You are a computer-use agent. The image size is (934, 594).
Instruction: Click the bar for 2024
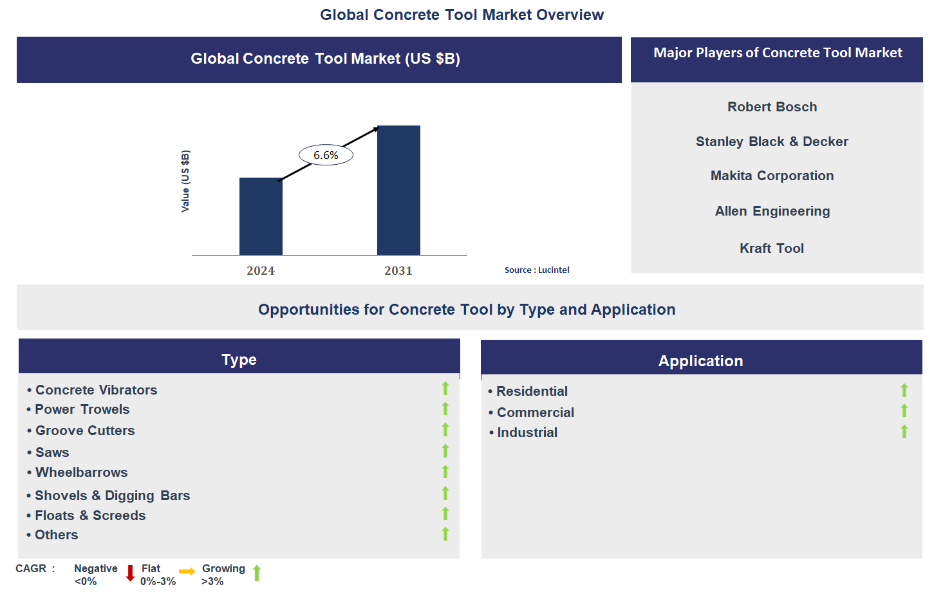click(261, 216)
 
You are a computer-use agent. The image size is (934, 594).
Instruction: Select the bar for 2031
click(398, 190)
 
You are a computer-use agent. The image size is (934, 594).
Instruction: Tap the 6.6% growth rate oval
click(326, 155)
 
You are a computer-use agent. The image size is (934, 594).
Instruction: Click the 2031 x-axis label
click(398, 271)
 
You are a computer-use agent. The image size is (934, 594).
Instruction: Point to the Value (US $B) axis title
click(185, 181)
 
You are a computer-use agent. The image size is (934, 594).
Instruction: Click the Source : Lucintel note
click(537, 270)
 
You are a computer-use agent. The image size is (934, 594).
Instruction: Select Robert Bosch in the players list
click(772, 107)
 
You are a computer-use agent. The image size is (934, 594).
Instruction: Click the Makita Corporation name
click(772, 176)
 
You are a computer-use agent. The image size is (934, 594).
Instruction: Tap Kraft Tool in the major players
click(771, 248)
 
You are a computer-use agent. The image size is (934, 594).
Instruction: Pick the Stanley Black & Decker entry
click(772, 142)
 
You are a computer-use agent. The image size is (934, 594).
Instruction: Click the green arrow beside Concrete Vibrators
click(445, 389)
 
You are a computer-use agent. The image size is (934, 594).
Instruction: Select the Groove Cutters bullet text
click(85, 431)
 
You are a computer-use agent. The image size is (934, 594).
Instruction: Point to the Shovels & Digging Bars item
click(113, 496)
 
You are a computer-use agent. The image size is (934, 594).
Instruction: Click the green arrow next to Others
click(445, 534)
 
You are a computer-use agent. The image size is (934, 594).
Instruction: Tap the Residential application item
click(532, 391)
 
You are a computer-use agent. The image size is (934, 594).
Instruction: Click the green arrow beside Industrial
click(904, 431)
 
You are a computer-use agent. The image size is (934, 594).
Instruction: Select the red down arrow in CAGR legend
click(130, 573)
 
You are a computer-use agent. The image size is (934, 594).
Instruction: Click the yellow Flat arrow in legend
click(187, 571)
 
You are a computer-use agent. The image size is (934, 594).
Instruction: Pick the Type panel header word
click(239, 360)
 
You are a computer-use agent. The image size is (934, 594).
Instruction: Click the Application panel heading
click(700, 361)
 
